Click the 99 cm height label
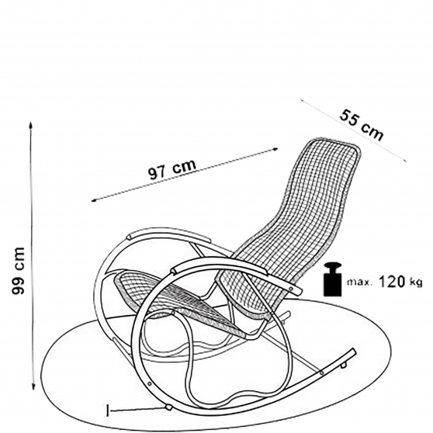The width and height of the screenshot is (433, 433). point(19,271)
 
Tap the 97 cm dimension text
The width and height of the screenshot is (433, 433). point(172,169)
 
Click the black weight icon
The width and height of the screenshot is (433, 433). point(333,279)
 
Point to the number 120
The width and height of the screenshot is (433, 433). point(391,282)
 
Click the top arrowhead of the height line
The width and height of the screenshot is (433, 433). point(31,124)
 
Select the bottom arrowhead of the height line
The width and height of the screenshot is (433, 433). point(33,386)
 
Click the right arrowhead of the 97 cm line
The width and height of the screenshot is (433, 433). point(275,149)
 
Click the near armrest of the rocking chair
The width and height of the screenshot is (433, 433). point(234,270)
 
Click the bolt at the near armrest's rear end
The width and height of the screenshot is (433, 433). point(291,289)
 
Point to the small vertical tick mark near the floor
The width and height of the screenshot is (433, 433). point(108,410)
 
